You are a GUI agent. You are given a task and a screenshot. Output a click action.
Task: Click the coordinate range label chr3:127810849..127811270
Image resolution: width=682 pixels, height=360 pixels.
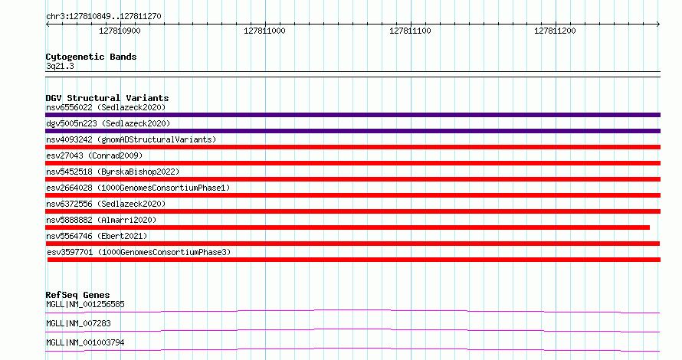point(103,17)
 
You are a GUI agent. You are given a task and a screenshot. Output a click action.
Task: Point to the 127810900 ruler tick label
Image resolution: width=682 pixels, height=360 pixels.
point(120,31)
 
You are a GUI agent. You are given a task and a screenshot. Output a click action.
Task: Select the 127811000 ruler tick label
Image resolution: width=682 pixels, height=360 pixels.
point(264,31)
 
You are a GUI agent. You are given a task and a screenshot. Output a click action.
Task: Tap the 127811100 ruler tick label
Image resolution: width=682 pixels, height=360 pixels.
point(410,31)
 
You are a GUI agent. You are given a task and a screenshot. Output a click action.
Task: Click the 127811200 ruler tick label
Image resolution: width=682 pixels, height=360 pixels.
point(555,31)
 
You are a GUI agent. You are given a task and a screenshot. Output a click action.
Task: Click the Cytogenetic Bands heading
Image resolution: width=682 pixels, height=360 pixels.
point(91,57)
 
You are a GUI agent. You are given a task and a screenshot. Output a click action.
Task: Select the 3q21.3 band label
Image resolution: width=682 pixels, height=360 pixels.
point(60,66)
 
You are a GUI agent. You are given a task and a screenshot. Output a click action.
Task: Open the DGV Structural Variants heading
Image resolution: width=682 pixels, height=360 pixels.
point(107,98)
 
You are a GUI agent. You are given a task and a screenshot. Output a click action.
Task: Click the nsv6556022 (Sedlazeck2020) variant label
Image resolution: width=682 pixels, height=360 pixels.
point(106,107)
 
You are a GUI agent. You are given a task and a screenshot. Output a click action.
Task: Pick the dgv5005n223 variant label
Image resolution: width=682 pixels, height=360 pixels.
point(108,123)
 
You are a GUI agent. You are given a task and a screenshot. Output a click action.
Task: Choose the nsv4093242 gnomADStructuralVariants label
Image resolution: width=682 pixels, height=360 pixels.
point(131,139)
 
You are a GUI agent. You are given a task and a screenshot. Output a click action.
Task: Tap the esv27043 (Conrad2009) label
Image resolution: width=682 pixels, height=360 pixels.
point(94,155)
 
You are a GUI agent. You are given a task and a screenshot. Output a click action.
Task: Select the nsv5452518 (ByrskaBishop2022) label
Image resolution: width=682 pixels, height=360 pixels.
point(113,172)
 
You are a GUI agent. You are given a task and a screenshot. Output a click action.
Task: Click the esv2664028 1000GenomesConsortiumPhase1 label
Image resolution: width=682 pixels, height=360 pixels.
point(138,188)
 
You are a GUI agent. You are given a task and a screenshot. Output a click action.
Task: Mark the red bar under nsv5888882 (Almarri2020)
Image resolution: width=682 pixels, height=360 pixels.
point(348,227)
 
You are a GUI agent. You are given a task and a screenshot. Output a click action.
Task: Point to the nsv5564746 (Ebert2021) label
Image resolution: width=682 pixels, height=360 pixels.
point(97,236)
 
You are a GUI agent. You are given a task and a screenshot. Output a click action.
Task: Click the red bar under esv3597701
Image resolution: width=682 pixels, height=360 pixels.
point(354,260)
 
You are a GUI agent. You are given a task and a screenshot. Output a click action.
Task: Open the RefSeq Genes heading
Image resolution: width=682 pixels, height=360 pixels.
point(77,295)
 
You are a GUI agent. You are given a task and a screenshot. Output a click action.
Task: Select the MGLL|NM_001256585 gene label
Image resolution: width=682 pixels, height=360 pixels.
point(85,304)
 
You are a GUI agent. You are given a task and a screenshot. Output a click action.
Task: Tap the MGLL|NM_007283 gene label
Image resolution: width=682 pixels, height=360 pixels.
point(78,323)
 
